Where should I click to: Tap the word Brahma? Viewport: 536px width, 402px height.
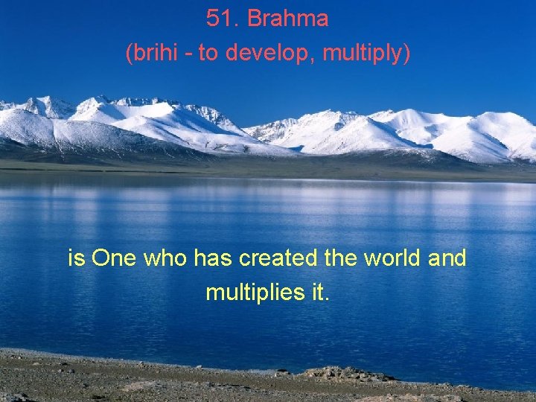coord(287,19)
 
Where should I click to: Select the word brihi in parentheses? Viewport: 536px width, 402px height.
coord(150,54)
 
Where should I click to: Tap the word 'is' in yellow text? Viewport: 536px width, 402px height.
coord(76,258)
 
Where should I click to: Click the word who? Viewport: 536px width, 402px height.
coord(167,258)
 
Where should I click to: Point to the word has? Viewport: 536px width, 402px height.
coord(211,258)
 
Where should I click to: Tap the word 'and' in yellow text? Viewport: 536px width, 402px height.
coord(447,258)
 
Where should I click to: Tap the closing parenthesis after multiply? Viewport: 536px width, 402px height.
coord(406,54)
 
